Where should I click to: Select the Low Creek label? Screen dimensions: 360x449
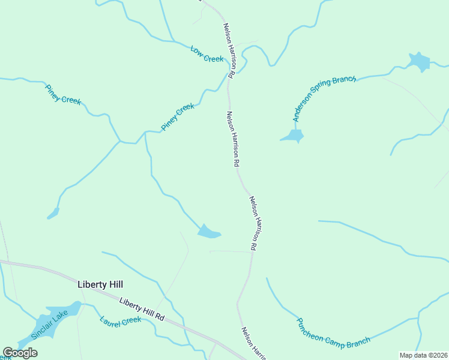click(207, 54)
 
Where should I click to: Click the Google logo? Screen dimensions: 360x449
click(20, 352)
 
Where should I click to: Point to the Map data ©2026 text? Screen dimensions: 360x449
click(423, 355)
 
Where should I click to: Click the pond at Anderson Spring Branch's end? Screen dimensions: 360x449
click(293, 136)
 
